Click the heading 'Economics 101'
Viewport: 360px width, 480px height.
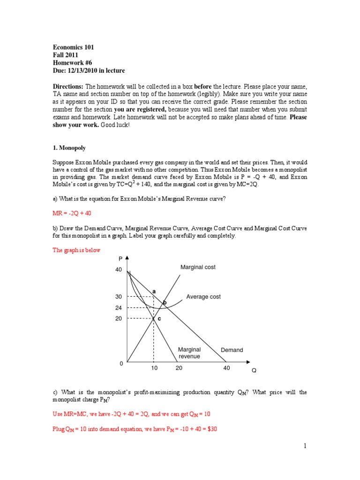click(x=74, y=47)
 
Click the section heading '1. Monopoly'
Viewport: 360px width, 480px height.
click(x=69, y=148)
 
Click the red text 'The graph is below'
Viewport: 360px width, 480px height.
click(x=76, y=250)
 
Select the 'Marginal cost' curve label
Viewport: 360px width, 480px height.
click(x=198, y=267)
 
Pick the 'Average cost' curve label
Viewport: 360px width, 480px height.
click(x=203, y=297)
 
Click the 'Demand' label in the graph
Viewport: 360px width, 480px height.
click(x=232, y=350)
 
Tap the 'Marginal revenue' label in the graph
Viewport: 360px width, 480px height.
click(x=189, y=353)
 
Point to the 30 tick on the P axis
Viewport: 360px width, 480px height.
click(x=118, y=297)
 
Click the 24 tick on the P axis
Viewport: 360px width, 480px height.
click(x=118, y=308)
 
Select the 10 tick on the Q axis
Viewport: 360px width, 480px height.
click(x=154, y=368)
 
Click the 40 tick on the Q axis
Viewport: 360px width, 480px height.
click(x=227, y=368)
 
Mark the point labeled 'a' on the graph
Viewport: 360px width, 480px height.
click(x=154, y=292)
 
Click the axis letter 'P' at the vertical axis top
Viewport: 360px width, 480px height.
click(x=120, y=258)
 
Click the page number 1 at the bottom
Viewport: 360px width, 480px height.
click(x=304, y=446)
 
